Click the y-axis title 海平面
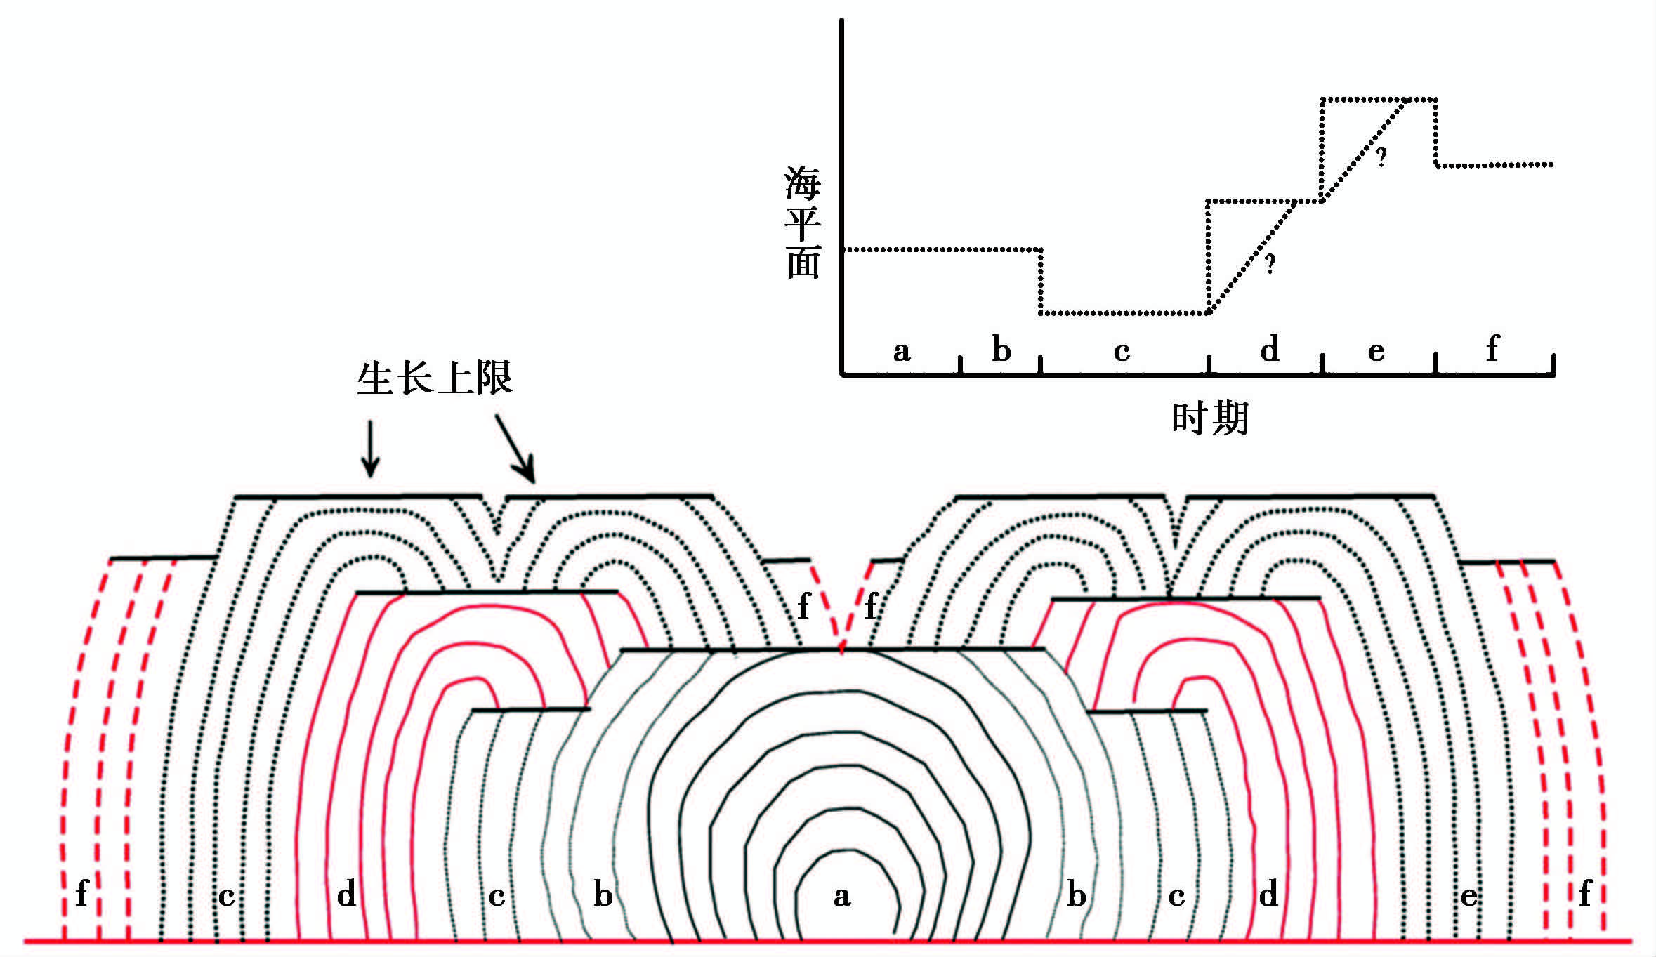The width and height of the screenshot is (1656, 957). [x=802, y=223]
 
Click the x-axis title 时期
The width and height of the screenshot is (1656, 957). [x=1210, y=419]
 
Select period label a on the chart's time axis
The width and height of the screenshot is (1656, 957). [x=901, y=350]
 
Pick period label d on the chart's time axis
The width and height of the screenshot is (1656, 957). [x=1269, y=348]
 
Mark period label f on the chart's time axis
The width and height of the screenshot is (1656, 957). [x=1492, y=348]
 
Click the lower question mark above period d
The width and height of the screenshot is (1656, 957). [x=1270, y=264]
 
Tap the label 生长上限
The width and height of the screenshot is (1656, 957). [x=435, y=379]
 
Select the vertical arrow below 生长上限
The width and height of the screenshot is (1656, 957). [x=370, y=449]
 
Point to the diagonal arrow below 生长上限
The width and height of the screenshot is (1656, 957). [x=515, y=449]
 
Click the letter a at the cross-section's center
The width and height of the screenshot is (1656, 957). [x=842, y=897]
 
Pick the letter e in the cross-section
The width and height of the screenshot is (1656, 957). [x=1468, y=897]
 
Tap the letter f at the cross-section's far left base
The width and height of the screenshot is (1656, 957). [x=81, y=893]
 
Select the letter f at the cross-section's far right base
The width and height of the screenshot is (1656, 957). [x=1585, y=893]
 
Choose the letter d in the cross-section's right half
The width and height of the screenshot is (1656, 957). [x=1268, y=895]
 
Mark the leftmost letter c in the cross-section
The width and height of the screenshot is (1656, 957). [x=226, y=897]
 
